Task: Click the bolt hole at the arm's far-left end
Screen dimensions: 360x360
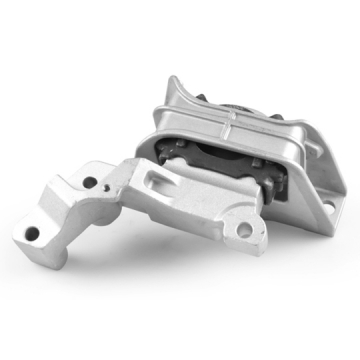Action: [x=32, y=233]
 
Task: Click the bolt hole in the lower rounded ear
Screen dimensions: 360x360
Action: [x=244, y=230]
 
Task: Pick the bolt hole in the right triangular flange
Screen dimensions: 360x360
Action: [x=327, y=206]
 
